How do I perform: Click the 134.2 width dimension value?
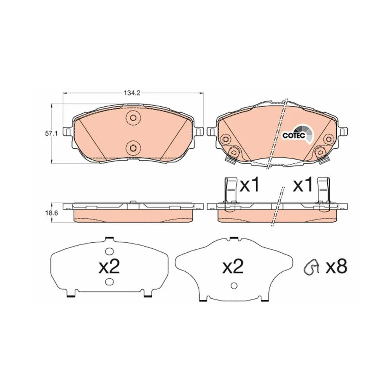pos(133,93)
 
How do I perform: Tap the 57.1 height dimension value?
pos(51,134)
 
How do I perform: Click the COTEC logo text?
pos(294,135)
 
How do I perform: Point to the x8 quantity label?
pos(337,267)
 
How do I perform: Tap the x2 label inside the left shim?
pos(109,267)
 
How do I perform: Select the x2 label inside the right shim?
pos(233,267)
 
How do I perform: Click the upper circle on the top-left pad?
pos(133,117)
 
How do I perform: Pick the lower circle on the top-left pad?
pos(133,148)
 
